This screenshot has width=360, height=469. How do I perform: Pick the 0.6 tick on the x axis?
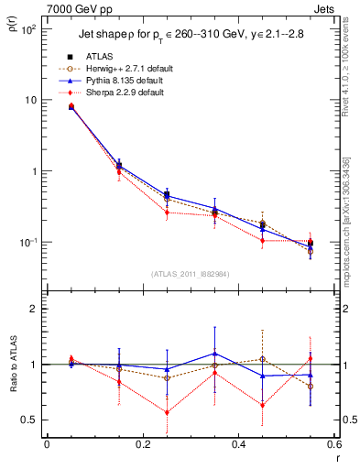click(333, 445)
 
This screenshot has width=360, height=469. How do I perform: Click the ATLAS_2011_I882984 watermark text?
click(190, 274)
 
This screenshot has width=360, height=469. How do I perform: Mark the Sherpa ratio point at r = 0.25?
click(167, 412)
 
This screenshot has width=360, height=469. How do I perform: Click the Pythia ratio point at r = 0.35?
click(214, 354)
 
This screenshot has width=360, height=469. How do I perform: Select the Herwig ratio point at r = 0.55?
click(310, 387)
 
